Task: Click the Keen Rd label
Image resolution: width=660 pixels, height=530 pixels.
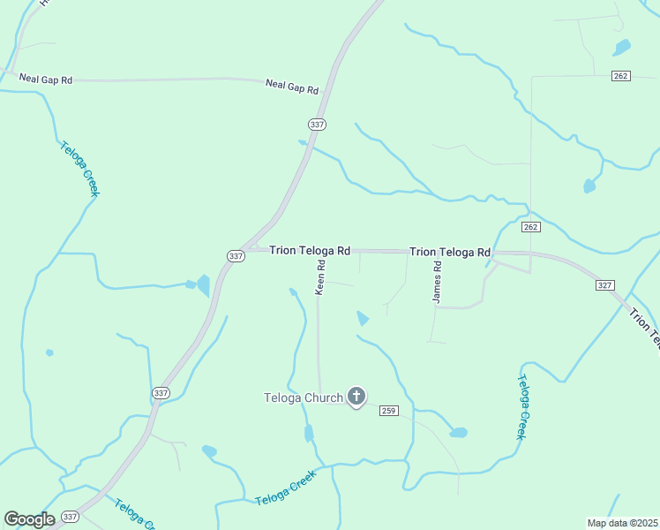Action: [321, 276]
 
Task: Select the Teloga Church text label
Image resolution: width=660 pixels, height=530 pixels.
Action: [303, 397]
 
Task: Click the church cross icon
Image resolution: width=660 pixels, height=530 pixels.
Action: [356, 397]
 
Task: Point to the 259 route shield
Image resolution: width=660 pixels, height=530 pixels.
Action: [390, 411]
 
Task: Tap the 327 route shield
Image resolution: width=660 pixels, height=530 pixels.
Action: [604, 285]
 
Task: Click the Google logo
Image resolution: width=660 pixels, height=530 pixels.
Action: [29, 519]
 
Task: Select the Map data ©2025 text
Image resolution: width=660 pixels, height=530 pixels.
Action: [622, 523]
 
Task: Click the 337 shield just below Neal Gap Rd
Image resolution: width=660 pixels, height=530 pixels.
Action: [318, 125]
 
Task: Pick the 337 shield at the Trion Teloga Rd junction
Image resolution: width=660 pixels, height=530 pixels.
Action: [235, 256]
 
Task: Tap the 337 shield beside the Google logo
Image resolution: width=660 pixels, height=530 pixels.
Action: [71, 517]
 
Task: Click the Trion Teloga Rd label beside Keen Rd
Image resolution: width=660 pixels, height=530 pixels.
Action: [310, 251]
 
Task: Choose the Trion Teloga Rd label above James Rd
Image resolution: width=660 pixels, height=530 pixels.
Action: [449, 253]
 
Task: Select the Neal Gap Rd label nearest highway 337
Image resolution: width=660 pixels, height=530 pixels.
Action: [291, 87]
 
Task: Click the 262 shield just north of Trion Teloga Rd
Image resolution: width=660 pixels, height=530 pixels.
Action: [530, 227]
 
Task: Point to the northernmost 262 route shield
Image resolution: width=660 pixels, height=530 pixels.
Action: [620, 76]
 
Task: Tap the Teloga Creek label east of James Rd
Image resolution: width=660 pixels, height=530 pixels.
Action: [522, 407]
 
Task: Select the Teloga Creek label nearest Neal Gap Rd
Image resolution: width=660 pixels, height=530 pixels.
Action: [79, 169]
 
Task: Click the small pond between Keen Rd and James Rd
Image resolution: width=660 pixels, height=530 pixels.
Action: [362, 318]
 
